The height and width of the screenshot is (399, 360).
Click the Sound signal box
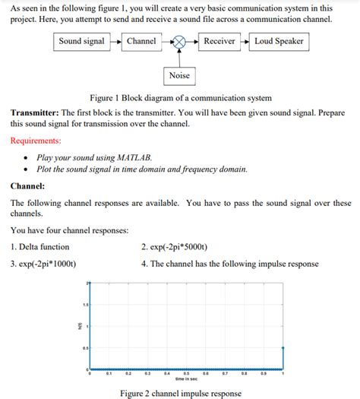[82, 42]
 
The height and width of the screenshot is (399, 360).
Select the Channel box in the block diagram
[141, 42]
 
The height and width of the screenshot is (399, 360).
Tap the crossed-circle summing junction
[180, 43]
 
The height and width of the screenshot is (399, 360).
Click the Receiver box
[219, 42]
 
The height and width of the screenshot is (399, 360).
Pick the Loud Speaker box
[278, 42]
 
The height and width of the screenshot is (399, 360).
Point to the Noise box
[180, 75]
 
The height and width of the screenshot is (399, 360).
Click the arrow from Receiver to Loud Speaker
[244, 42]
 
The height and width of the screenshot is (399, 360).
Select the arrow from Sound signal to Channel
[115, 42]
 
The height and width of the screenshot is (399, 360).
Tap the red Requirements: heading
[36, 141]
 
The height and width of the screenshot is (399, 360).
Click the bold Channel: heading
[27, 185]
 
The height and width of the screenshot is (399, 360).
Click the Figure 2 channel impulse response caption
[180, 393]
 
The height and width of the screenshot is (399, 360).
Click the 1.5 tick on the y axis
[85, 304]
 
